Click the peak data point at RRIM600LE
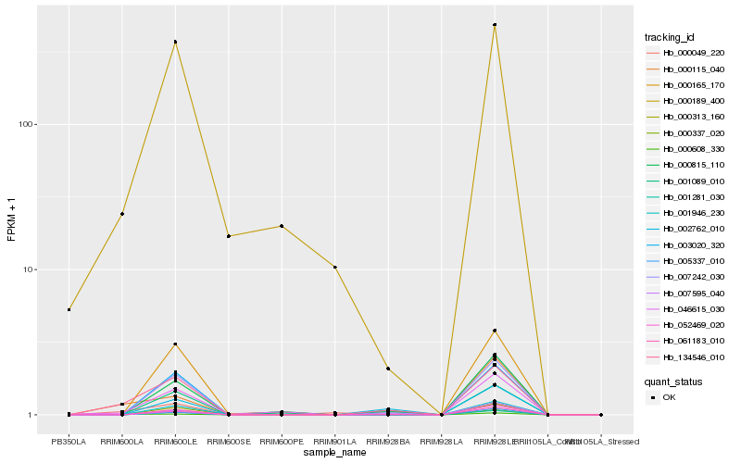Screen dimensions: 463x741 point(175,42)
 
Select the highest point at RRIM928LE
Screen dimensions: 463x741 point(495,25)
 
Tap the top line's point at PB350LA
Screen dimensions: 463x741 point(69,309)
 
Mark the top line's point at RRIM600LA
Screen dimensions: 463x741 point(122,214)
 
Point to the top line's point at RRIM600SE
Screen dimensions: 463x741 point(229,236)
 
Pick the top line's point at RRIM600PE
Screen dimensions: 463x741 point(282,226)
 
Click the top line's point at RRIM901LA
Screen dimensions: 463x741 point(335,267)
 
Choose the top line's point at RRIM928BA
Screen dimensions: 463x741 point(388,369)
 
